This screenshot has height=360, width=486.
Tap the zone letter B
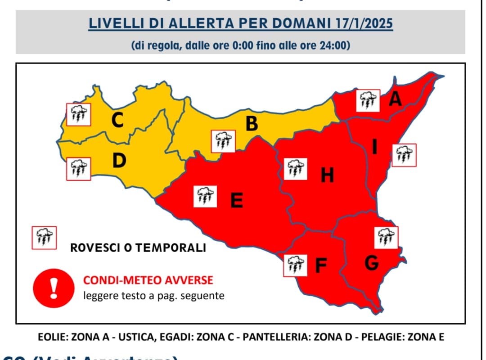click(252, 123)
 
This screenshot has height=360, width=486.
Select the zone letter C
click(117, 120)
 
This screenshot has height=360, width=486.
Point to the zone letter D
click(119, 161)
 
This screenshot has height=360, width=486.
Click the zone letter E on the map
click(237, 200)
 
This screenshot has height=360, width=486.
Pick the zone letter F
click(320, 266)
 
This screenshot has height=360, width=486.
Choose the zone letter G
click(371, 263)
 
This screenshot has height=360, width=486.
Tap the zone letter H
click(327, 175)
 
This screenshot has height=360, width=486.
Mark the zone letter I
click(374, 146)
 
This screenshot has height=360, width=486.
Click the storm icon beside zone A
click(368, 101)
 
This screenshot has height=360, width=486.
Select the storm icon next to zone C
click(79, 115)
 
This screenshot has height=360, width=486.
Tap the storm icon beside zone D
click(79, 169)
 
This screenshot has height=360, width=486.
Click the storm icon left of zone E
click(205, 196)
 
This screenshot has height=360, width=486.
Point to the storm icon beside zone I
click(404, 155)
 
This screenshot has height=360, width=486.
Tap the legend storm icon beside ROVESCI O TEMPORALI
click(44, 238)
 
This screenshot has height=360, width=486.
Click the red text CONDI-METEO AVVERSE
click(148, 281)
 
